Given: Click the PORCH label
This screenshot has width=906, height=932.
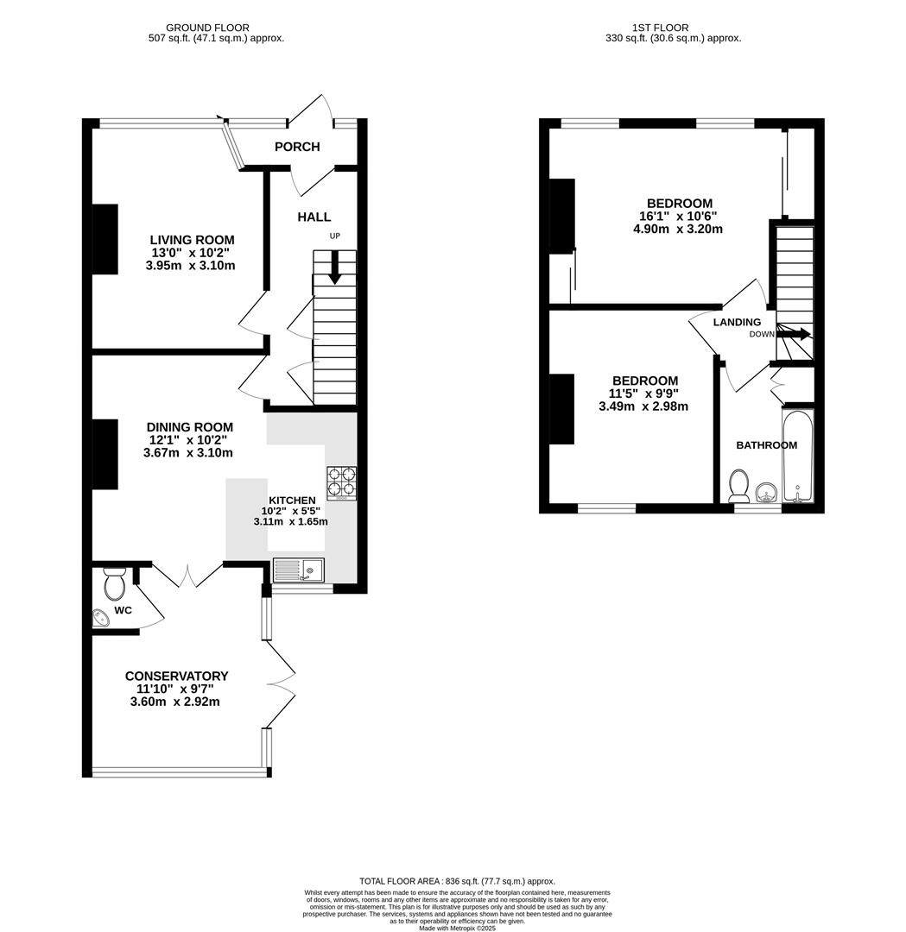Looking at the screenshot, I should [x=297, y=147].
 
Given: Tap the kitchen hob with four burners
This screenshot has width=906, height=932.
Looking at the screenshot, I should [x=340, y=484].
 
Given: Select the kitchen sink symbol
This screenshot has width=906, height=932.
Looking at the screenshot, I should [x=298, y=569].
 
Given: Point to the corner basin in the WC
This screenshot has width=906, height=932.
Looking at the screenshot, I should [x=100, y=618].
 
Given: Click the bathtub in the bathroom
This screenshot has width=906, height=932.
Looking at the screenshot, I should [x=797, y=457].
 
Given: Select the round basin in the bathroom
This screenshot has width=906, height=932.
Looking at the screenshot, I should [x=766, y=494].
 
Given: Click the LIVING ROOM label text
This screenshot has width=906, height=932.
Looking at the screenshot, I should [x=192, y=240].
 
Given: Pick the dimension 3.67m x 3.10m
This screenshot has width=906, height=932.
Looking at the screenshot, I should [x=189, y=452].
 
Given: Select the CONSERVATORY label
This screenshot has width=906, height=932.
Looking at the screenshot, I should [x=176, y=676].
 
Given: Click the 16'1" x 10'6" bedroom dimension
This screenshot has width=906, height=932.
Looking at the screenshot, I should [x=678, y=217].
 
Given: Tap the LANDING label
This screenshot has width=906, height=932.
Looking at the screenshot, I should [x=737, y=322].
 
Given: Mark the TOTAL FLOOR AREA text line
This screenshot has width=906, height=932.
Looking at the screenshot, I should [x=457, y=881].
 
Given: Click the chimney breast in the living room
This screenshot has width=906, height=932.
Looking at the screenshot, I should [x=105, y=239].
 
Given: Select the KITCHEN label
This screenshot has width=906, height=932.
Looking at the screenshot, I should [x=292, y=500].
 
